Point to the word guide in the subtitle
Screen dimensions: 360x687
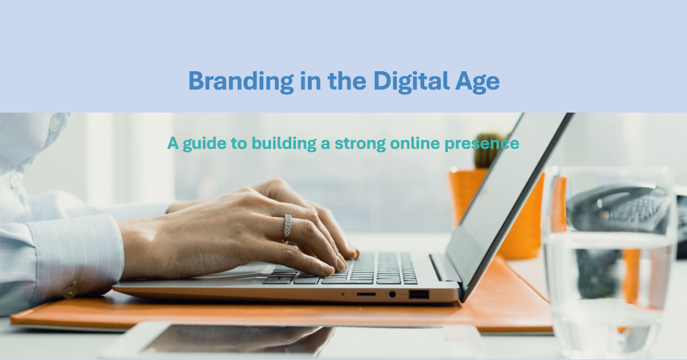click(x=205, y=144)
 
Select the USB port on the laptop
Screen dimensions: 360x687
click(x=419, y=294)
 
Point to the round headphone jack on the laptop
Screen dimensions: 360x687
click(x=392, y=294)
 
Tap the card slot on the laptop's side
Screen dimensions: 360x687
click(x=366, y=294)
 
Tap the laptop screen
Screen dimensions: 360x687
click(x=509, y=197)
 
